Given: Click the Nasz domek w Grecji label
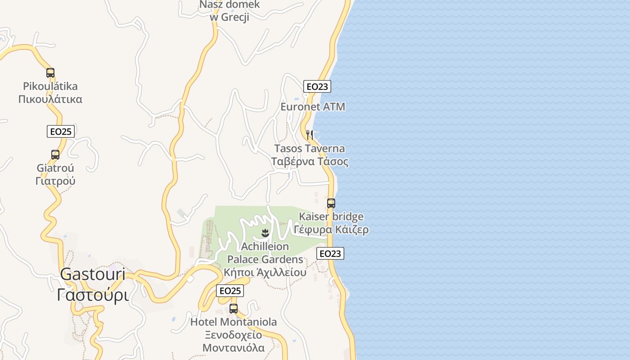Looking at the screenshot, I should click(229, 11).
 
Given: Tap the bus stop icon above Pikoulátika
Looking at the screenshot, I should click(50, 72).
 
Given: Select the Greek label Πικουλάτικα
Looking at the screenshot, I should click(50, 99).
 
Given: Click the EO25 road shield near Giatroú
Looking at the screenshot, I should click(61, 131).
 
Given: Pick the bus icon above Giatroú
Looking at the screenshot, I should click(55, 155).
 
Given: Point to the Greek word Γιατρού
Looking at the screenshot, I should click(55, 181).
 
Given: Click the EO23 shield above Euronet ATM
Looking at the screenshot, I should click(317, 86).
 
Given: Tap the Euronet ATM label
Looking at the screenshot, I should click(313, 107).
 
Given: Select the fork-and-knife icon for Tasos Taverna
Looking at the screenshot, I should click(310, 134).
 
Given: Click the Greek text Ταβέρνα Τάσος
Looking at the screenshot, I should click(310, 162).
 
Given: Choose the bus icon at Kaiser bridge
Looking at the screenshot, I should click(331, 203).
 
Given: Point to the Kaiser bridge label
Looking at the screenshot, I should click(331, 217).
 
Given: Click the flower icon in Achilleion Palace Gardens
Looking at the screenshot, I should click(265, 233).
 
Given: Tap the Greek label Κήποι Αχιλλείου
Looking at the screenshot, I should click(265, 272).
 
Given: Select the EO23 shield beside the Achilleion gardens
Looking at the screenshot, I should click(330, 253).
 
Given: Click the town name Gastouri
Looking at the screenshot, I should click(93, 274).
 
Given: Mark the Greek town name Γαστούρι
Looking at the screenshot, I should click(93, 295).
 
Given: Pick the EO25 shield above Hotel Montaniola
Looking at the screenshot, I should click(230, 291).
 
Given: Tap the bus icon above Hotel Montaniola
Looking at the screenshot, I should click(234, 308).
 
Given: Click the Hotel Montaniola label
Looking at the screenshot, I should click(234, 322).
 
